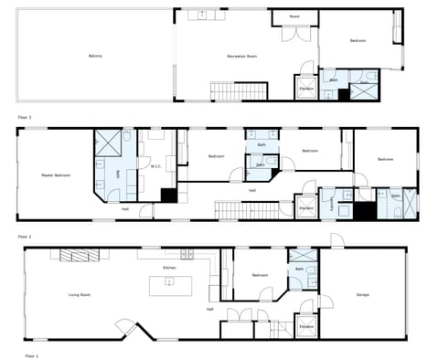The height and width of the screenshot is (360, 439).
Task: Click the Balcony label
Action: point(95,57)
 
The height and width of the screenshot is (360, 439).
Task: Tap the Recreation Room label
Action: point(241,57)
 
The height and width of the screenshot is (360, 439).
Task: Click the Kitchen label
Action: point(169,268)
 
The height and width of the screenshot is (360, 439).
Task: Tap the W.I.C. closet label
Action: point(155,166)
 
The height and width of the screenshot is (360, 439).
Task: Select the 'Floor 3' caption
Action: point(25,118)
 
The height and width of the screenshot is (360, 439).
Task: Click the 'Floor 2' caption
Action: point(25,236)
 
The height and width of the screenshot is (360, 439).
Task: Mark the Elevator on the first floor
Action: point(305,326)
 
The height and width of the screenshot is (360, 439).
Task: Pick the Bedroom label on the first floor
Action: point(260,275)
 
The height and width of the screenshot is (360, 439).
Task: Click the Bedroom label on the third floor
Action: point(357,40)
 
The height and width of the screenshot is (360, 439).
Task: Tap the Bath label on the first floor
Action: point(299,270)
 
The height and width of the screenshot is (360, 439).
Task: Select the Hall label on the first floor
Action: point(209,310)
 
